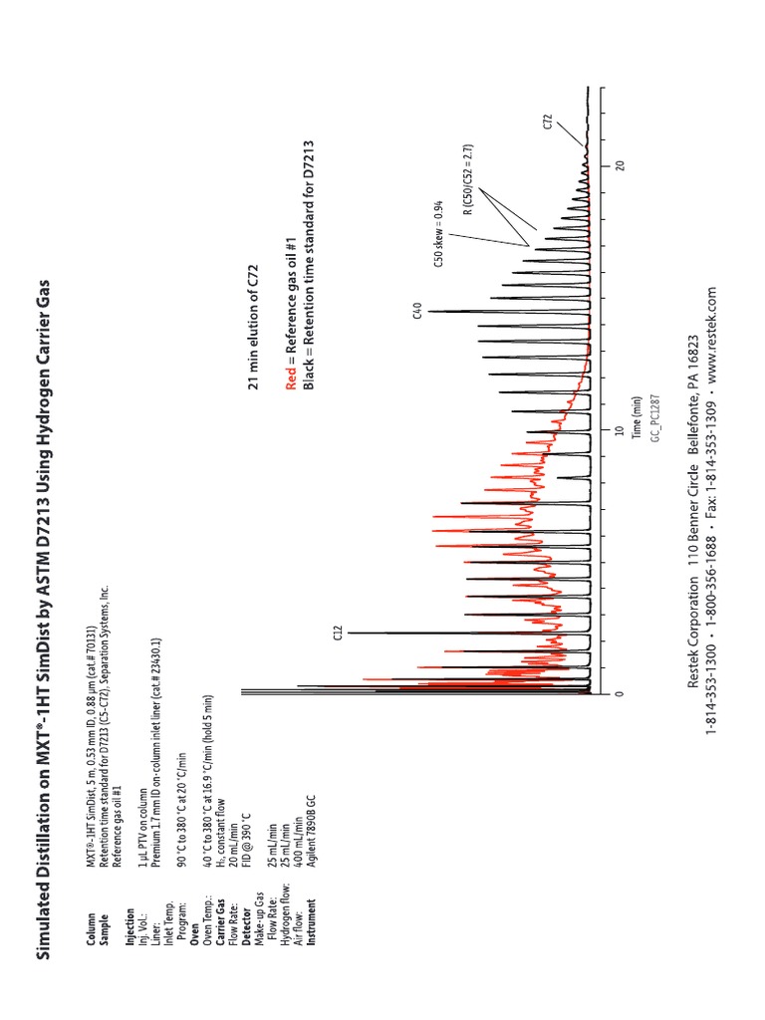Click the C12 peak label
[338, 633]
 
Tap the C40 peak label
[418, 313]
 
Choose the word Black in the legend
[309, 376]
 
